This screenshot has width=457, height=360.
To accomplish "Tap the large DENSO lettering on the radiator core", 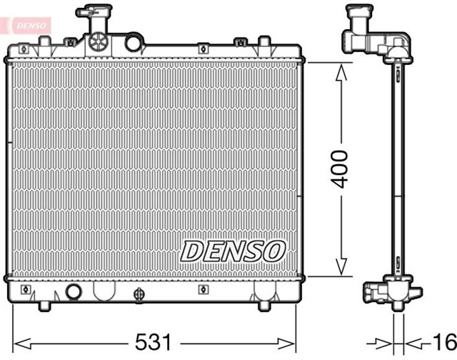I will click(233, 250).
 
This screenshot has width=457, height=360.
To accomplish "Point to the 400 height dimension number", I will click(343, 169).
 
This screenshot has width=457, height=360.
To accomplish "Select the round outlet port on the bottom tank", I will click(73, 291).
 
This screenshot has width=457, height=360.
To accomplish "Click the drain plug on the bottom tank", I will click(139, 292).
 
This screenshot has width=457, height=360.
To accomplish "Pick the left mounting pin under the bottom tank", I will click(44, 305).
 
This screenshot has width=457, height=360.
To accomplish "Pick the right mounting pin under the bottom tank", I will click(263, 305).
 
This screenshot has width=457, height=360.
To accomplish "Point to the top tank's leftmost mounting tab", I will click(24, 48).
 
